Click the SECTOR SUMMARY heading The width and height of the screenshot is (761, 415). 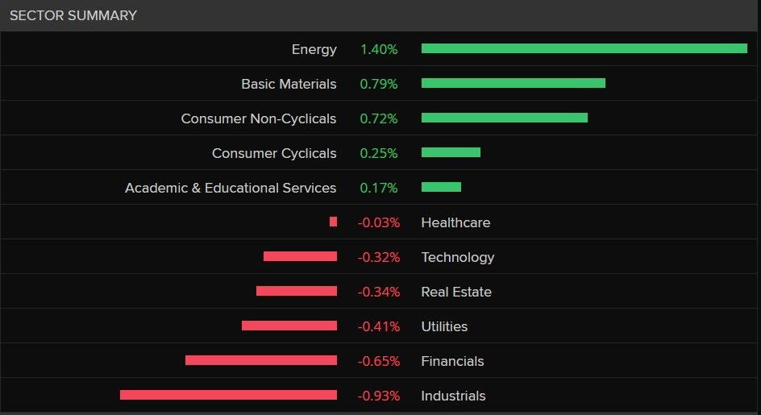tap(73, 15)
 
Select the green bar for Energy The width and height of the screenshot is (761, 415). tap(584, 48)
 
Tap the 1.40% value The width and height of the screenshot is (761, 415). tap(379, 49)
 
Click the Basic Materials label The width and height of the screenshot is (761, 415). tap(289, 84)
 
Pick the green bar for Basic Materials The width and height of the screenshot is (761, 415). tap(513, 83)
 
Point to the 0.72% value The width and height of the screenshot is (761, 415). tap(379, 118)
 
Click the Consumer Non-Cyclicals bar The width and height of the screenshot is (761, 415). tap(504, 118)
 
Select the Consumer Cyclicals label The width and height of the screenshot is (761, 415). tap(274, 153)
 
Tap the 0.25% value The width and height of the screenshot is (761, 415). tap(379, 153)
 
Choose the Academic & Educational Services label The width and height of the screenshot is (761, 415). tap(231, 188)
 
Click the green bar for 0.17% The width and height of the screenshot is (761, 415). tap(441, 187)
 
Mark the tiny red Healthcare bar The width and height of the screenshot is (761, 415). tap(333, 222)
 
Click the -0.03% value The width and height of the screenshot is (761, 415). tap(379, 222)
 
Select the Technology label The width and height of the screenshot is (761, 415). tap(457, 257)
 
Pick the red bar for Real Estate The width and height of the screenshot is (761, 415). tap(296, 291)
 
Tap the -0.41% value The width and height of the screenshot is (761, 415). tap(379, 326)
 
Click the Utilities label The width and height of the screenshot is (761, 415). tap(444, 326)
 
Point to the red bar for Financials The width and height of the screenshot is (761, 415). tap(260, 360)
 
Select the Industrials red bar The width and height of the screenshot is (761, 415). tap(228, 395)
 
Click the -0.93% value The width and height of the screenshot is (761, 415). tap(379, 396)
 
